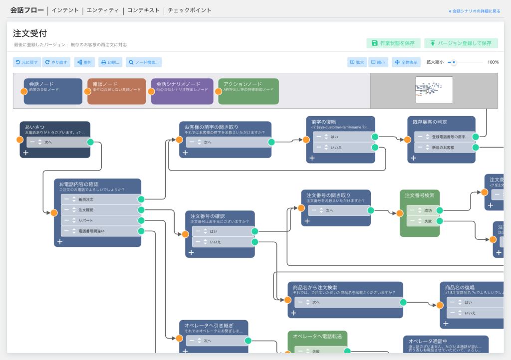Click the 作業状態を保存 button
(x=393, y=43)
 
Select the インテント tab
(x=65, y=10)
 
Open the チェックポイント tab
(x=190, y=10)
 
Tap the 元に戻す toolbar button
(x=27, y=62)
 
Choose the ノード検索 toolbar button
(x=144, y=62)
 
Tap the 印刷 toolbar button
(x=110, y=62)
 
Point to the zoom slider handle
(x=454, y=62)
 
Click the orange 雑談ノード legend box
(x=117, y=91)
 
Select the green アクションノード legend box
(x=249, y=91)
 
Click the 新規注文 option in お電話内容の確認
(x=100, y=199)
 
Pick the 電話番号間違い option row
(x=100, y=231)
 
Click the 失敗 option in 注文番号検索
(x=422, y=221)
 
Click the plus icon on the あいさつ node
(x=25, y=153)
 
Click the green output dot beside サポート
(x=141, y=220)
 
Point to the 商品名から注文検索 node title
(x=315, y=288)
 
